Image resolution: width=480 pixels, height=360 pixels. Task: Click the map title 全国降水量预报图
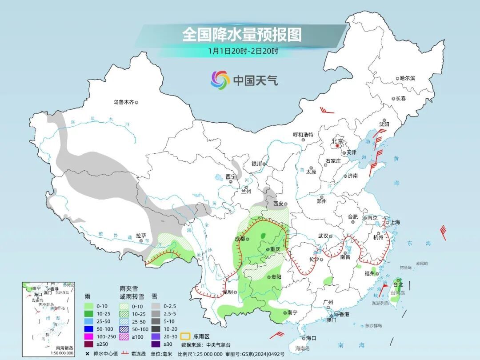point(242,35)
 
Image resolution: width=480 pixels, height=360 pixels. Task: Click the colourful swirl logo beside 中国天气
point(220,80)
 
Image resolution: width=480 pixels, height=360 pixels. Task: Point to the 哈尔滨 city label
point(407,78)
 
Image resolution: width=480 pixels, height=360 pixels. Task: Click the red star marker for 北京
point(337,145)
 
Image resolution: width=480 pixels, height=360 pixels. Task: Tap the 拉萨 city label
point(141,236)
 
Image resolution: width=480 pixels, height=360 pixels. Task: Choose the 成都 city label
point(240,239)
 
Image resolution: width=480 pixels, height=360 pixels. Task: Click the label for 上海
point(395,222)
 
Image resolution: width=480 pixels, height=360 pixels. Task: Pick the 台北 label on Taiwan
point(397,284)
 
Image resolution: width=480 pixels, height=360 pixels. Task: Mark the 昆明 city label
point(228,292)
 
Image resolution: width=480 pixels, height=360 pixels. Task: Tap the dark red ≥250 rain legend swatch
point(89,344)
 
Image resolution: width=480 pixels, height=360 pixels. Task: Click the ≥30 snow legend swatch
point(155,344)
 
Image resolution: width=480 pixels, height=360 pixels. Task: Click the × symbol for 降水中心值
point(88,353)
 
